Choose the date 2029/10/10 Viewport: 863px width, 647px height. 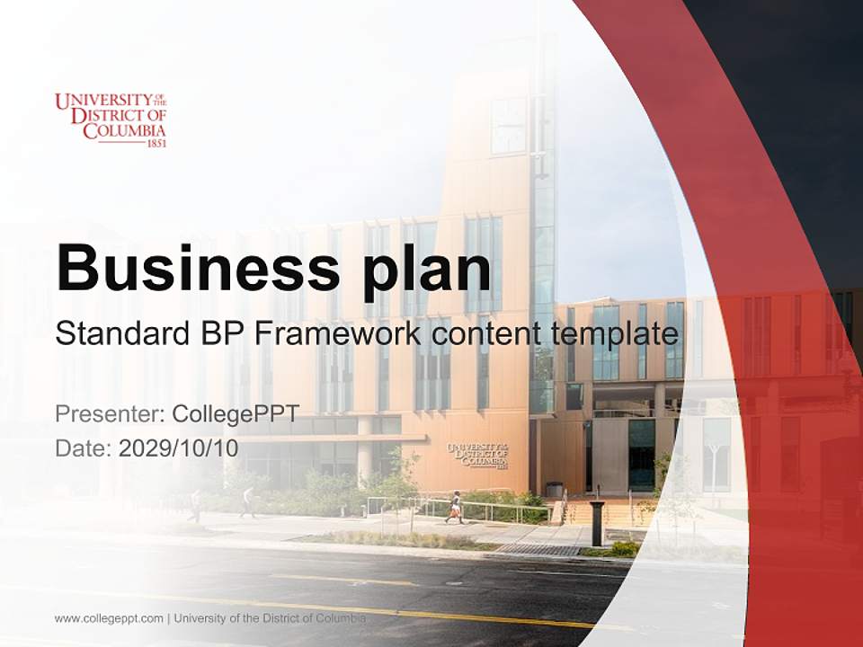(x=178, y=448)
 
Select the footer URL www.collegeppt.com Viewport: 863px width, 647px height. (x=109, y=618)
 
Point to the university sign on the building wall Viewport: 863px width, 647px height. (x=476, y=455)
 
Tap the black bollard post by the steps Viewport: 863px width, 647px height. (x=597, y=523)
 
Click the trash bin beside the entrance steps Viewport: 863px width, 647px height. (x=554, y=491)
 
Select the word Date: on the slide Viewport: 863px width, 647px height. (x=83, y=448)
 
